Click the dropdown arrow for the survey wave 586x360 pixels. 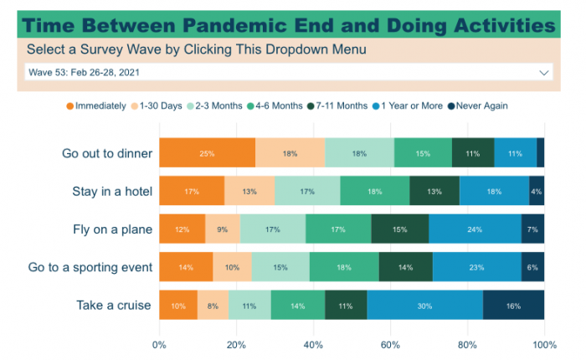point(545,73)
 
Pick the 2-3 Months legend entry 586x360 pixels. point(219,105)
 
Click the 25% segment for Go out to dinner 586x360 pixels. point(207,153)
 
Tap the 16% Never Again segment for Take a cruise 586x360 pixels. point(513,306)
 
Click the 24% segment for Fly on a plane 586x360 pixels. point(475,229)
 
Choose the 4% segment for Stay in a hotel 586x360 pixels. point(537,192)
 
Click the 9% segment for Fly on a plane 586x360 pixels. point(222,229)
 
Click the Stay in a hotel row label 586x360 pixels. point(112,192)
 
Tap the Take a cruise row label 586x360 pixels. point(113,306)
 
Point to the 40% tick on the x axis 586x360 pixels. point(313,344)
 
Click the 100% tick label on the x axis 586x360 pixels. point(544,344)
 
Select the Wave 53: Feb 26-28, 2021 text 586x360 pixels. point(83,73)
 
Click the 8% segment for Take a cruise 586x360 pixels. point(213,306)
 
